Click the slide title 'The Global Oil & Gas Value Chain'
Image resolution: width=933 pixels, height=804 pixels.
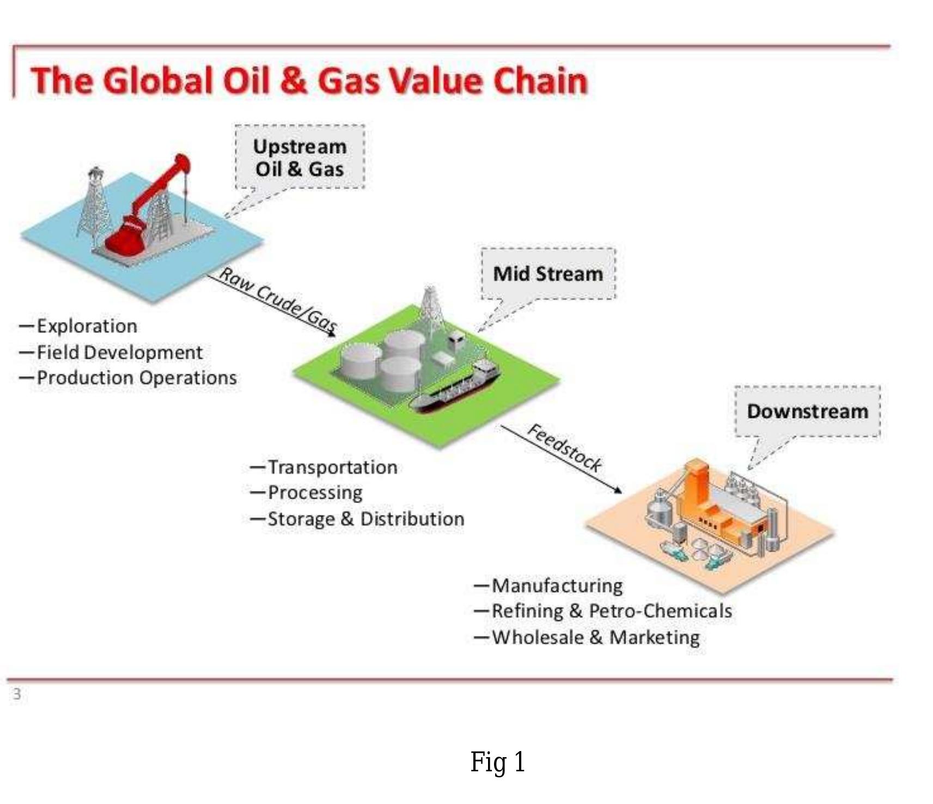click(309, 81)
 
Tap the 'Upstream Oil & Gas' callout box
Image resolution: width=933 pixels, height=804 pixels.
click(300, 158)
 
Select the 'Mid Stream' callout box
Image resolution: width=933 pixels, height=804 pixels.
click(548, 274)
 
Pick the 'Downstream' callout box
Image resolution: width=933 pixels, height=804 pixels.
click(807, 412)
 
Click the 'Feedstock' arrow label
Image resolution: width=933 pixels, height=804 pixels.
click(565, 448)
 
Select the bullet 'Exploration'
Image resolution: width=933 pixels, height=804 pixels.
click(87, 326)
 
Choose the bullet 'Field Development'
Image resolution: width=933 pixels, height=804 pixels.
click(119, 352)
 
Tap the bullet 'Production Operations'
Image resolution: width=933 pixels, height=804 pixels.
click(136, 378)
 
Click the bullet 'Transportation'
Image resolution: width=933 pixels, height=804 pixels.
click(332, 467)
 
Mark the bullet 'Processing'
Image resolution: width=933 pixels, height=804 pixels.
click(315, 493)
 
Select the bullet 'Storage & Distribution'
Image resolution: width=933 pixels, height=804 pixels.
click(365, 519)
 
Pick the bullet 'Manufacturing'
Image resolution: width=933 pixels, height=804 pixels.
click(557, 586)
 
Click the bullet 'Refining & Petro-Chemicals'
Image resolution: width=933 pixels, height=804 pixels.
click(611, 611)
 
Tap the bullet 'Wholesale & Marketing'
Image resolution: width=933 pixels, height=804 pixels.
click(595, 637)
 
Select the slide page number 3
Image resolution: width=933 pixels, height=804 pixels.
click(17, 694)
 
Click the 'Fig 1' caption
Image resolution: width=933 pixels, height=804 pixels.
click(498, 761)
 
